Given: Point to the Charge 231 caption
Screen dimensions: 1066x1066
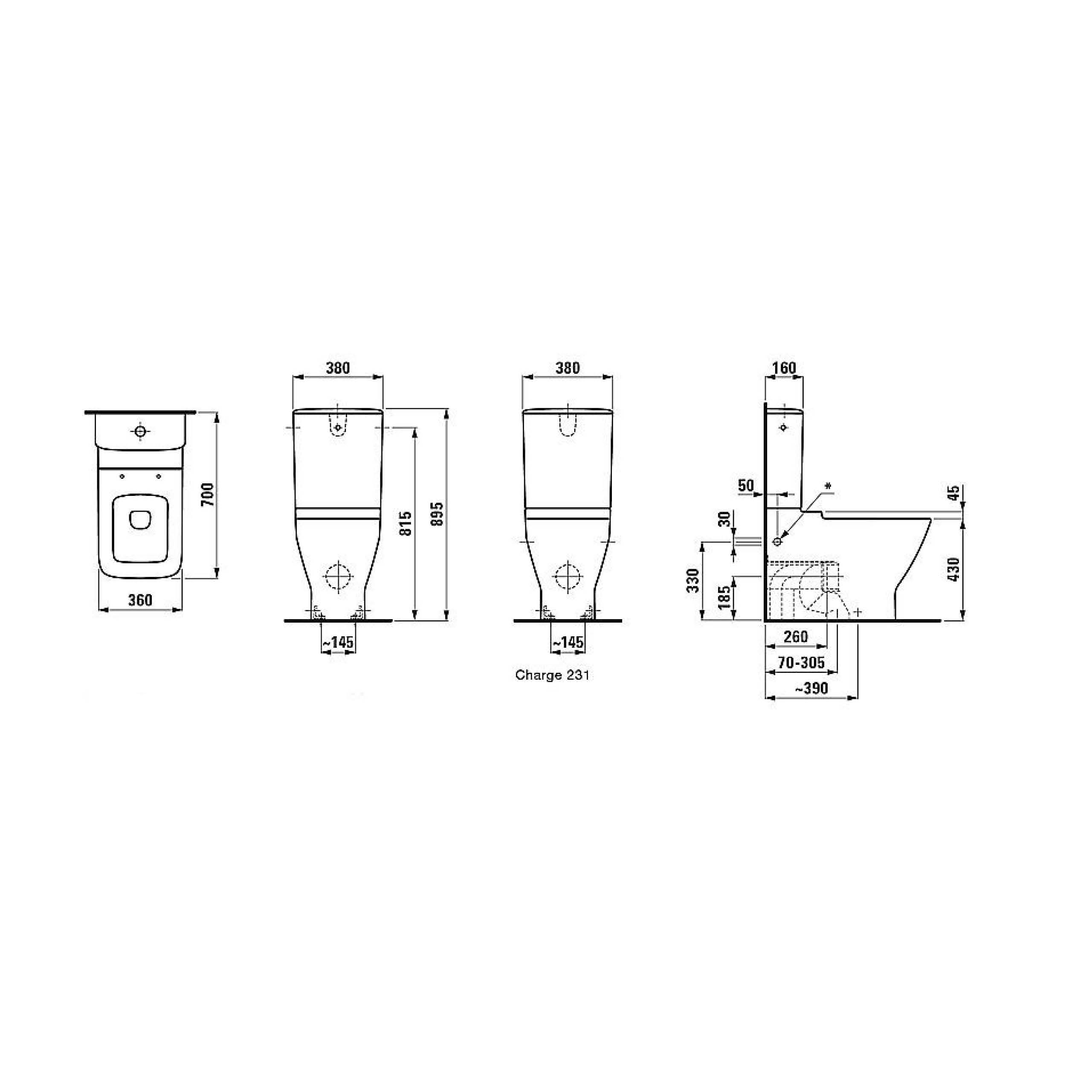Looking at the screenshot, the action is coord(552,675).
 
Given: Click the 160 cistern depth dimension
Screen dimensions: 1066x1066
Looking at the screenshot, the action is coord(784,368).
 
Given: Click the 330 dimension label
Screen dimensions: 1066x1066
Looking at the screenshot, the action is coord(694,580).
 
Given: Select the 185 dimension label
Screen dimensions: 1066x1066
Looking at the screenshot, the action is coord(724,596).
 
